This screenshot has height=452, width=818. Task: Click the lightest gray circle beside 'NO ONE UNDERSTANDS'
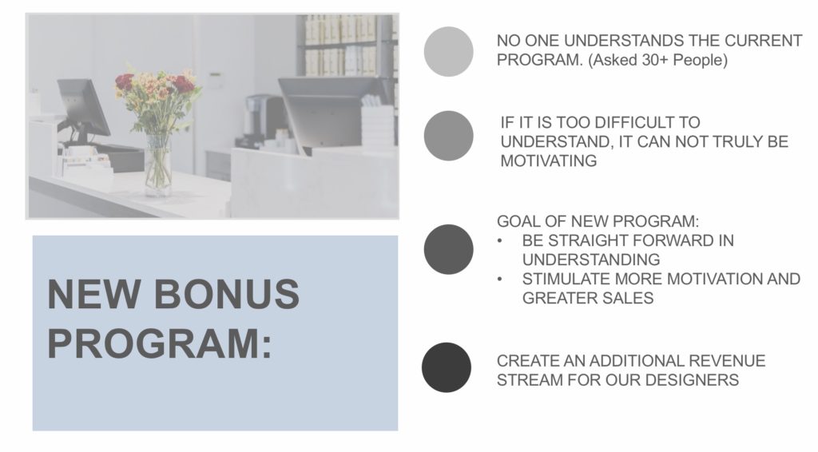(449, 52)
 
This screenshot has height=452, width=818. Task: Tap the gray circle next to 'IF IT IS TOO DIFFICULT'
(449, 136)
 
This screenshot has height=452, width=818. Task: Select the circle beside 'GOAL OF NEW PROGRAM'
(449, 249)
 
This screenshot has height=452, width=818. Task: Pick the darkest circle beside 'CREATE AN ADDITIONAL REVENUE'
(447, 367)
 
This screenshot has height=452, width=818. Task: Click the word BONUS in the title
(226, 294)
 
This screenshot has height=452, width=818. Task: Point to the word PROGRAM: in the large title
(160, 343)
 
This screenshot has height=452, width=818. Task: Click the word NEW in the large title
(94, 294)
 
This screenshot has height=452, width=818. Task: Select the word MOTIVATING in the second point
(548, 161)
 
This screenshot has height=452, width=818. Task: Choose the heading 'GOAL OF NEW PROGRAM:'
(598, 221)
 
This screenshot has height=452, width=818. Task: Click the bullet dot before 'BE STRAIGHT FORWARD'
(500, 241)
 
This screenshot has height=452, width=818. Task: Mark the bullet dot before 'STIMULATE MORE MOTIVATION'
(500, 280)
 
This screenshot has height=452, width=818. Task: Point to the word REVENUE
(727, 361)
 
